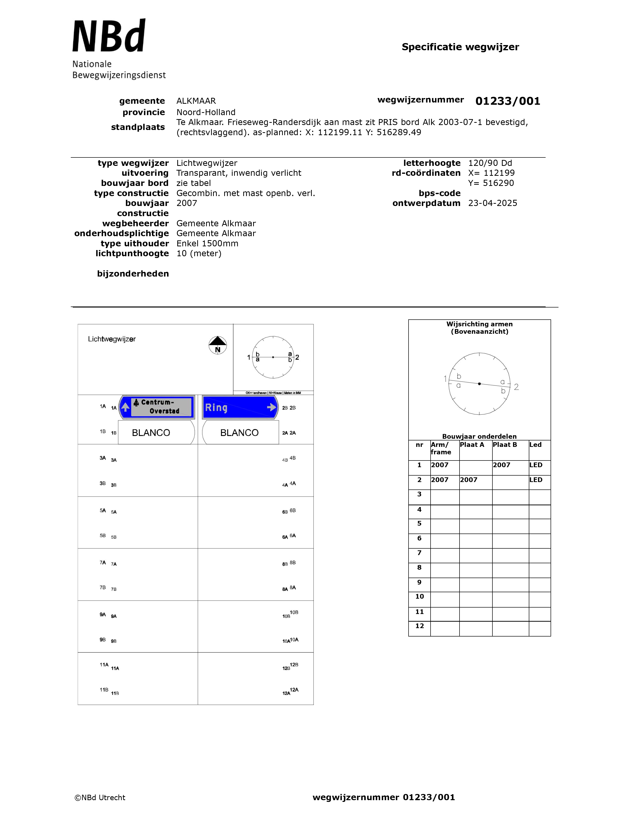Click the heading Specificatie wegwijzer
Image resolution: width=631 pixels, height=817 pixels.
tap(460, 47)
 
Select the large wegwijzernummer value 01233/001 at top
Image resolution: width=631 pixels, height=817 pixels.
tap(508, 101)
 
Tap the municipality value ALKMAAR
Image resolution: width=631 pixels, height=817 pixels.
tap(196, 101)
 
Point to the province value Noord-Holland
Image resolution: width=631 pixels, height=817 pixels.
tap(206, 112)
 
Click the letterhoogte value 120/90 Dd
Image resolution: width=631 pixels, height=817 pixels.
tap(490, 163)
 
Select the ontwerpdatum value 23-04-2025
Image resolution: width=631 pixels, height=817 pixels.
tap(493, 203)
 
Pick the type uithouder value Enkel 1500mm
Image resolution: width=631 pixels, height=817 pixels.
tap(207, 244)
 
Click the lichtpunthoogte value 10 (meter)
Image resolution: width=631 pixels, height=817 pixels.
tap(199, 254)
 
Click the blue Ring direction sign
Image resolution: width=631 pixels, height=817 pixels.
tap(239, 407)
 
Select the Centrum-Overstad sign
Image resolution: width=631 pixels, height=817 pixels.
tap(157, 407)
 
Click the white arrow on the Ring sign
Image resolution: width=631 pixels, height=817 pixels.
tap(271, 407)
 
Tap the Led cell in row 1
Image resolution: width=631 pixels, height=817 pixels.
tap(536, 465)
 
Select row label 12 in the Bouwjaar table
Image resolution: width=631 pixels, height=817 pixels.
tap(419, 626)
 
